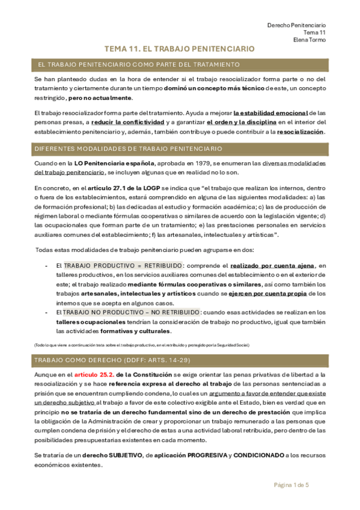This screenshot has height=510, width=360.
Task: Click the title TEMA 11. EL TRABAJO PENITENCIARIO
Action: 180,49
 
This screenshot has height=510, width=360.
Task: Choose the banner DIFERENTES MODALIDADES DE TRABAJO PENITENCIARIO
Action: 128,149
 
